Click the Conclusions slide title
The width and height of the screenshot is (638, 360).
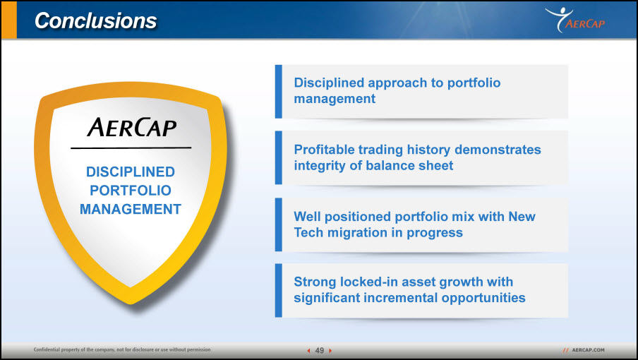[95, 20]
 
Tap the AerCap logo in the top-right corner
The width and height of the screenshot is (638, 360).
[575, 20]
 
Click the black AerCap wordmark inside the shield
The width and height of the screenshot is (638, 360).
[132, 127]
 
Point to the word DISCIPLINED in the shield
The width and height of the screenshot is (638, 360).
[130, 172]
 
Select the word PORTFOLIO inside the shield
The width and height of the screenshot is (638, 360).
[130, 191]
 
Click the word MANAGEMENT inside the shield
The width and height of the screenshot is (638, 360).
[130, 209]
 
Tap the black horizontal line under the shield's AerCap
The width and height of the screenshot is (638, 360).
[131, 148]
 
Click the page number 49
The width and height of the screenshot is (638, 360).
[320, 350]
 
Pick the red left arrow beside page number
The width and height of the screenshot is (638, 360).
[308, 350]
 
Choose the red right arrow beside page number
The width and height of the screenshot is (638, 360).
[330, 350]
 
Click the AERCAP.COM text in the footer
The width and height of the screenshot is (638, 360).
[588, 350]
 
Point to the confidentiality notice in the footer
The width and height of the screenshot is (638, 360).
[122, 349]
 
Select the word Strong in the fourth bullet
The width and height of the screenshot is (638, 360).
[315, 282]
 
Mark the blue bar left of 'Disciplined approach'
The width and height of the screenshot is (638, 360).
[278, 92]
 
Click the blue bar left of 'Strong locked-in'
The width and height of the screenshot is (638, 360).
[278, 290]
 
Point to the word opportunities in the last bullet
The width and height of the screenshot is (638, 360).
[483, 298]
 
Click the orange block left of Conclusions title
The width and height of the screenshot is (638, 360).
[8, 20]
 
